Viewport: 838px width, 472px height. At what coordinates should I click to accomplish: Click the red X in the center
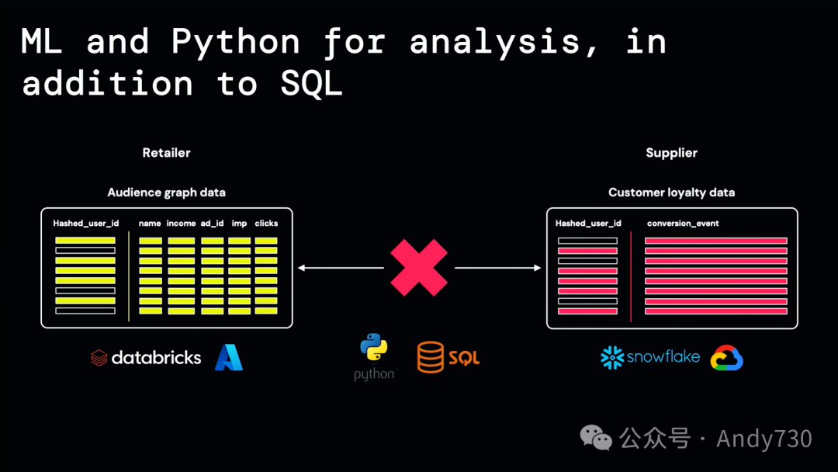point(419,268)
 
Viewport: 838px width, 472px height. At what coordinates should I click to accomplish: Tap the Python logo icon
point(374,349)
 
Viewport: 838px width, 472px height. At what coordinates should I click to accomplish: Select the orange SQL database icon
point(431,357)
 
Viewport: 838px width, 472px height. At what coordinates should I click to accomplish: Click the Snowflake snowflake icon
point(612,357)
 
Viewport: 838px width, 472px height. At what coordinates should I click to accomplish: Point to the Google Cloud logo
point(727,357)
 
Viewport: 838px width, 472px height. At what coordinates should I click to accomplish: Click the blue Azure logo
point(229,357)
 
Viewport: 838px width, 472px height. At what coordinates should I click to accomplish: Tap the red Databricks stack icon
point(99,358)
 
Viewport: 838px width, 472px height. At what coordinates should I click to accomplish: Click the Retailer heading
point(166,153)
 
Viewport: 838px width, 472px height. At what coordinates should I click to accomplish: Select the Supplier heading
point(671,153)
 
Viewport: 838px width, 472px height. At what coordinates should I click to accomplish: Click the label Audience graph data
point(166,193)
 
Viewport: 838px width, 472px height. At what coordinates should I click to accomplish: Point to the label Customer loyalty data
point(671,193)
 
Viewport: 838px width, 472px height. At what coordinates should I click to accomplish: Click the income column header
point(181,224)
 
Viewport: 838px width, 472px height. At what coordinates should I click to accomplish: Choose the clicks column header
point(266,224)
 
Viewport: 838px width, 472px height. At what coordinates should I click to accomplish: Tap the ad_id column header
point(212,224)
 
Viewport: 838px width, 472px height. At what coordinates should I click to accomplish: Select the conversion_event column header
point(683,224)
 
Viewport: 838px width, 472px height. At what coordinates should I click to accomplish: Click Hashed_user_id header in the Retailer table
point(85,224)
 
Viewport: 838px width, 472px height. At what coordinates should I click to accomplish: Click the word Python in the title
point(235,42)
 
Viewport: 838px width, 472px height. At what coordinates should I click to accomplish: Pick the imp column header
point(239,224)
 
